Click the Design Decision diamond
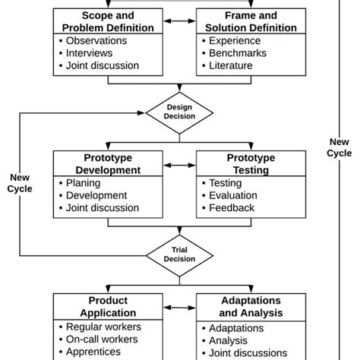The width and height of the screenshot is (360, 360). (x=180, y=112)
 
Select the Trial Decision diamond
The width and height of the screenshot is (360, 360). (x=180, y=254)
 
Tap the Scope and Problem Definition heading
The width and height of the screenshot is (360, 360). (x=107, y=22)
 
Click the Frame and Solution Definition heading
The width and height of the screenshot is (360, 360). (x=251, y=22)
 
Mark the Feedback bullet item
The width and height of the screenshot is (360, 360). (x=232, y=207)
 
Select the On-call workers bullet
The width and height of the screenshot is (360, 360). (x=103, y=339)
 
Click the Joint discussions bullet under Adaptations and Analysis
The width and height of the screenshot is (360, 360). (x=248, y=352)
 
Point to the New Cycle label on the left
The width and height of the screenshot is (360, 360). (x=20, y=183)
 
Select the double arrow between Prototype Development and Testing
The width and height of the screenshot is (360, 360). (x=180, y=164)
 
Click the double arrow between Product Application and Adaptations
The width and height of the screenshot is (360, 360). (x=180, y=307)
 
